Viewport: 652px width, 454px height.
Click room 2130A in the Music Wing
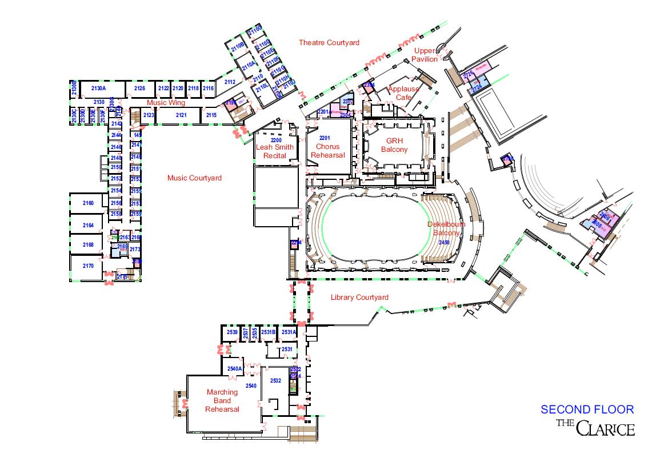99,89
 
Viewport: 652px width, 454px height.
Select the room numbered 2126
139,89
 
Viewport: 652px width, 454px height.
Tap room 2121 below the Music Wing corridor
181,115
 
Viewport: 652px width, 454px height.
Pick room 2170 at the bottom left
88,266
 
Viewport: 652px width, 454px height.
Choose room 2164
88,226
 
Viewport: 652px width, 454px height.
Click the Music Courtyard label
194,178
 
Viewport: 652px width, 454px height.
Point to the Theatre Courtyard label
329,43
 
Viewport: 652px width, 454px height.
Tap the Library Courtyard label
359,298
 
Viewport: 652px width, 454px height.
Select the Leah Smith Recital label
275,151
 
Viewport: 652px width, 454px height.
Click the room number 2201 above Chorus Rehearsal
325,138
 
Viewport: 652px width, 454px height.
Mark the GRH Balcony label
394,145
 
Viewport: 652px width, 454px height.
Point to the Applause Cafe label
403,93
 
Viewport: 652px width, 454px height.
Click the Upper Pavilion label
426,55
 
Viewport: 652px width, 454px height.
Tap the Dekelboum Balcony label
446,228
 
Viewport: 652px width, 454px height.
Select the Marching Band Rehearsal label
222,400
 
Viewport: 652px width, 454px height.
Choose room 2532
275,380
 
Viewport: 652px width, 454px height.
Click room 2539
232,332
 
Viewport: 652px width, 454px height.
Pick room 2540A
235,369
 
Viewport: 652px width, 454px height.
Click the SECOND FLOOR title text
587,409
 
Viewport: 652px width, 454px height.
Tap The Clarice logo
595,427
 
